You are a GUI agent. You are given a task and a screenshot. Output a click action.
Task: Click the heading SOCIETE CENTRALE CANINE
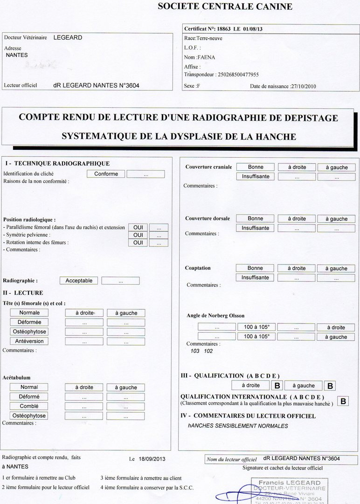(225, 7)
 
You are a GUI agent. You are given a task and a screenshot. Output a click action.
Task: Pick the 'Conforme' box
(106, 174)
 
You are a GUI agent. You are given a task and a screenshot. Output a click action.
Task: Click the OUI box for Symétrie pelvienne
(138, 235)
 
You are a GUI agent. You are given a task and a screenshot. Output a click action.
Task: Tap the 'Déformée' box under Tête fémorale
(29, 322)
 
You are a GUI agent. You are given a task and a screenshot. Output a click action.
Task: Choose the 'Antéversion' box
(29, 341)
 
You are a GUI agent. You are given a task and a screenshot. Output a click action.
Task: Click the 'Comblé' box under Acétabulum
(29, 406)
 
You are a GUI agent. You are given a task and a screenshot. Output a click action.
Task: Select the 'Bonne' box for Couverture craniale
(255, 167)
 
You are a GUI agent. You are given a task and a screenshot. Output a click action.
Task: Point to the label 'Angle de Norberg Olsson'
(215, 316)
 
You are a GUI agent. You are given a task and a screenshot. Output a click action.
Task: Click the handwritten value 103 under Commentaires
(195, 351)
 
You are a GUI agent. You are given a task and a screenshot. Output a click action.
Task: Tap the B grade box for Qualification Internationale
(343, 401)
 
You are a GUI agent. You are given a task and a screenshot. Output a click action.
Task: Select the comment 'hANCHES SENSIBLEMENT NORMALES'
(238, 426)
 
